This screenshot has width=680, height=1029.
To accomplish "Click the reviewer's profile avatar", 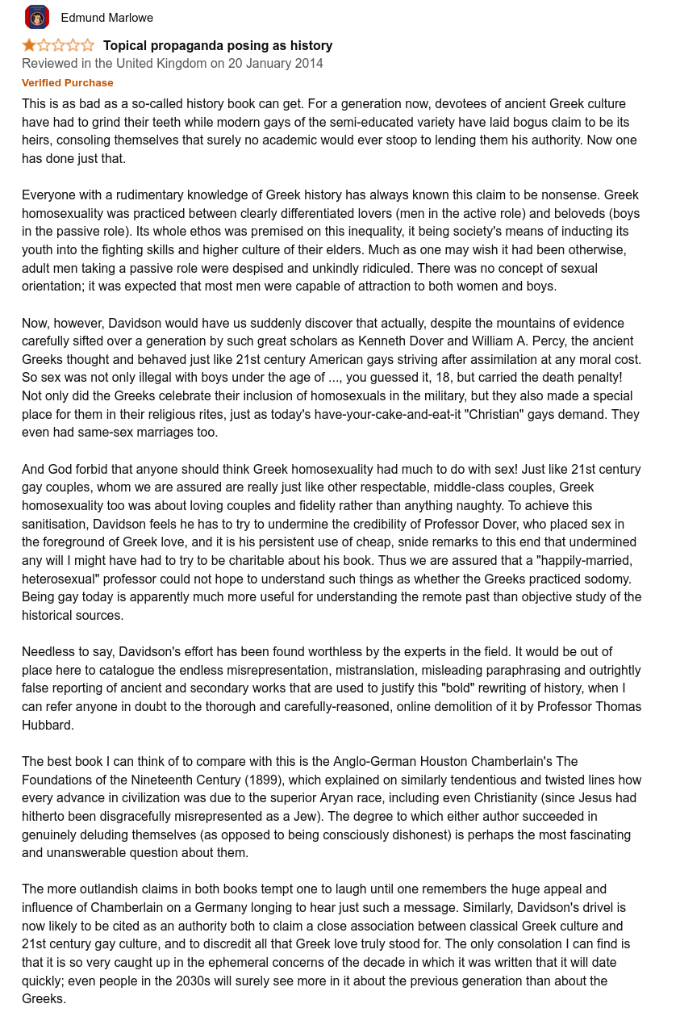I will point(37,17).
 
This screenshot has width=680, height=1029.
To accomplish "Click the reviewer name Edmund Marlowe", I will point(106,18).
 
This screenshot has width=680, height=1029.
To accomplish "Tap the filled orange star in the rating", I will point(29,45).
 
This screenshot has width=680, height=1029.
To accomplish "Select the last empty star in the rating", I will point(87,45).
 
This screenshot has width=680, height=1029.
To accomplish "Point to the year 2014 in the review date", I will point(309,64).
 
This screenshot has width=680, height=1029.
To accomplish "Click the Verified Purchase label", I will point(68,83).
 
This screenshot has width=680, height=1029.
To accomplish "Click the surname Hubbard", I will point(48,725).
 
